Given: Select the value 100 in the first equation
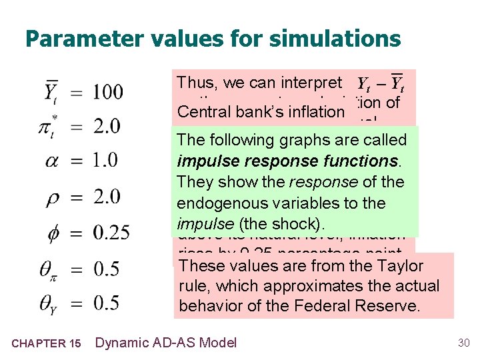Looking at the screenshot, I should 108,91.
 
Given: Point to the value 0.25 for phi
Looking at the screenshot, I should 111,232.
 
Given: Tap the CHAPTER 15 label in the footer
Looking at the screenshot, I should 47,343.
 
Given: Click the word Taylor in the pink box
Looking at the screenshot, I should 402,265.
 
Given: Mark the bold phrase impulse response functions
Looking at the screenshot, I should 287,161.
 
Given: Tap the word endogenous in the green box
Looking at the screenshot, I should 220,203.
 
